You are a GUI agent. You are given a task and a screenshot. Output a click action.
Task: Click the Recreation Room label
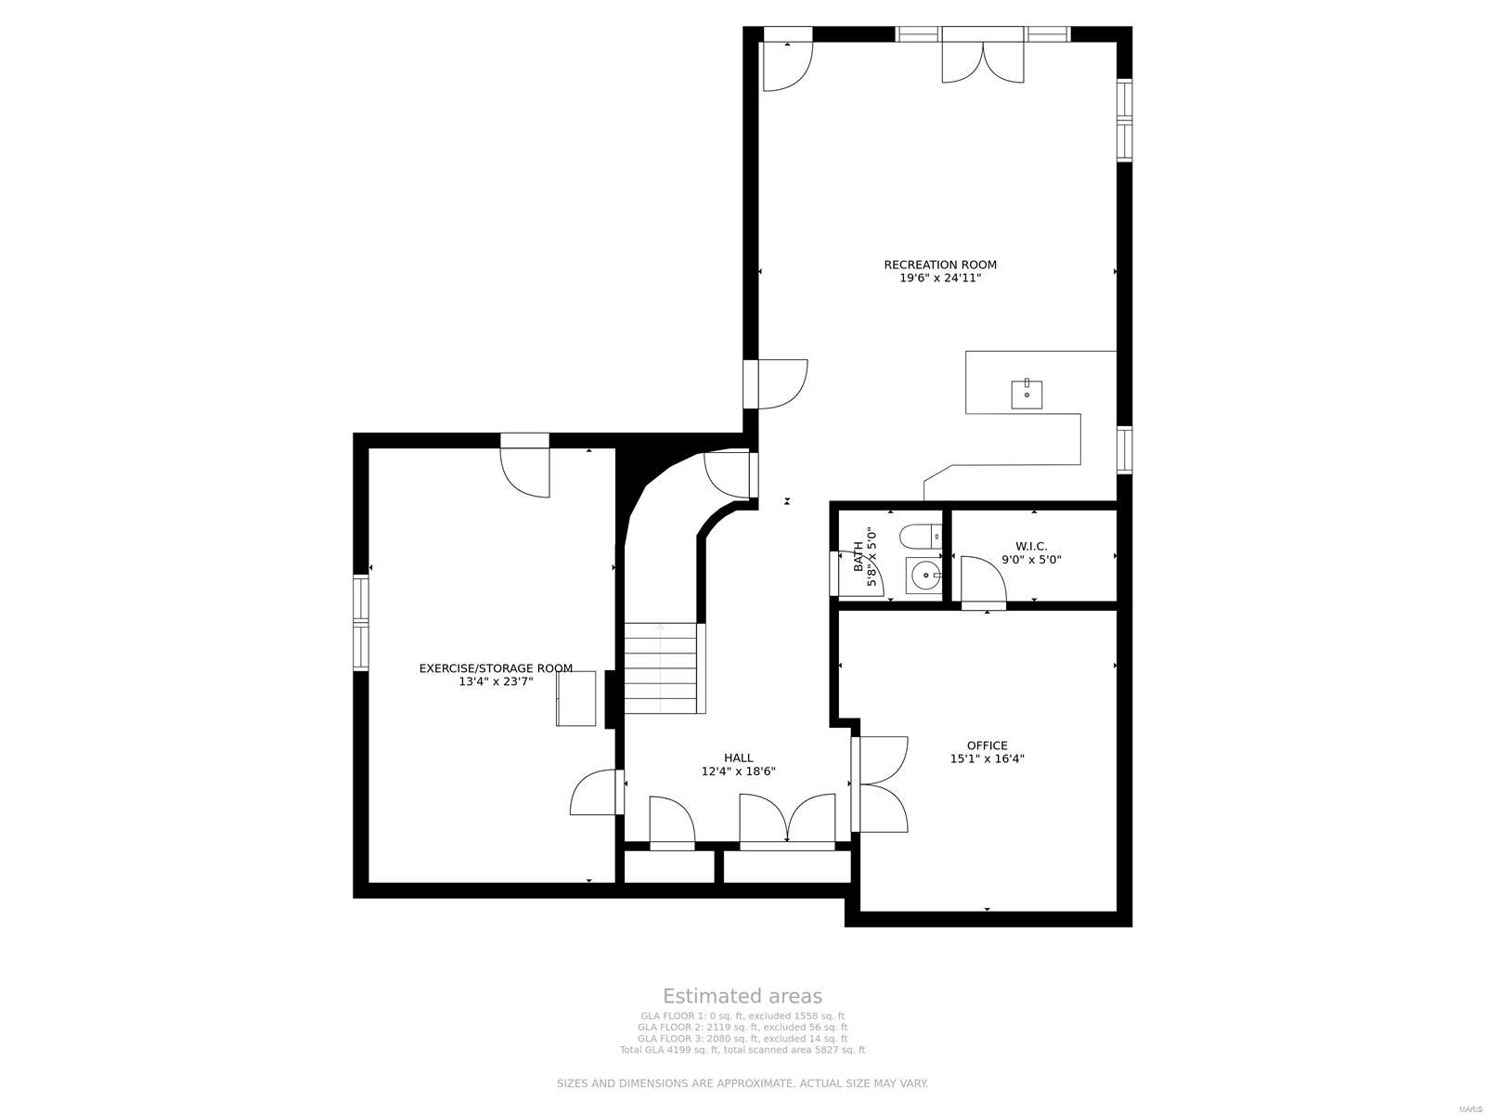[x=939, y=265]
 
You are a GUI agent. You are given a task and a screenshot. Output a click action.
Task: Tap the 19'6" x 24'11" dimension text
[x=939, y=278]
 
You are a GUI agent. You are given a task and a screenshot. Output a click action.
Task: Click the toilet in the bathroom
[x=921, y=537]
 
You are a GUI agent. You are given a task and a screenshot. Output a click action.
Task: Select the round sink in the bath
[x=924, y=576]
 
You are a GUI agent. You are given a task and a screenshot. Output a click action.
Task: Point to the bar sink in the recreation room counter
[x=1027, y=395]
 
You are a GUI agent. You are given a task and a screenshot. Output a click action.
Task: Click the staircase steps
[x=660, y=667]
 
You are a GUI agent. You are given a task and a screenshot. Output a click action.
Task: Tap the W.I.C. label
[x=1030, y=547]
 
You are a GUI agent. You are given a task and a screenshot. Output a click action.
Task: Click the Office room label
[x=987, y=745]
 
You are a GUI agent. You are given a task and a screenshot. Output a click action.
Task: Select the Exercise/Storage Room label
[x=496, y=668]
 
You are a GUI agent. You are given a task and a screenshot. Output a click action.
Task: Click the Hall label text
[x=739, y=758]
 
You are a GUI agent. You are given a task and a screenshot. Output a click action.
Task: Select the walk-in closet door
[x=983, y=582]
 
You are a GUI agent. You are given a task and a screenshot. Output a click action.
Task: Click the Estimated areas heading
[x=742, y=996]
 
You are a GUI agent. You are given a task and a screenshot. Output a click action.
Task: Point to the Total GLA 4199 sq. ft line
[x=742, y=1050]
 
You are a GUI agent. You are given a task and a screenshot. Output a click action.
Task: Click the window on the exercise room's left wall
[x=360, y=621]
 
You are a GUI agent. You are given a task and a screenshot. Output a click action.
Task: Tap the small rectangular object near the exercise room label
[x=576, y=698]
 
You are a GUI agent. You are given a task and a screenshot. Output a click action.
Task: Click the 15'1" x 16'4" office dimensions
[x=987, y=758]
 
